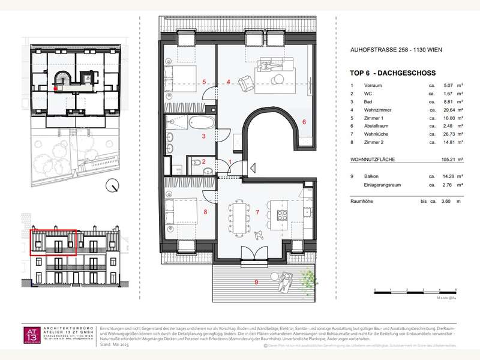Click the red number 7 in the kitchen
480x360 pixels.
257,212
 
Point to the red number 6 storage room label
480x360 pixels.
304,122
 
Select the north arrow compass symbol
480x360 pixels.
111,187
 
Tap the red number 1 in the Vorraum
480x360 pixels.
231,162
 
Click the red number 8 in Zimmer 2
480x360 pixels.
205,211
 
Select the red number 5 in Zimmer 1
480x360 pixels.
205,82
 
